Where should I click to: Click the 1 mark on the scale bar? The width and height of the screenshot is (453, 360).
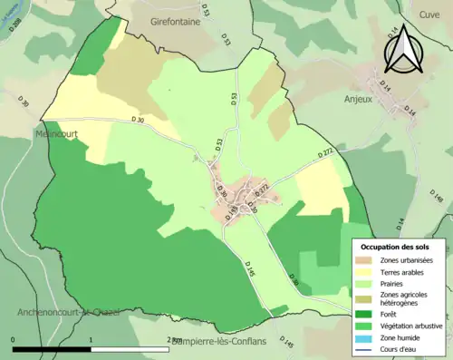[x=91, y=340]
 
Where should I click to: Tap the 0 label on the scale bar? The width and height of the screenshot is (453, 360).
[x=14, y=340]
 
